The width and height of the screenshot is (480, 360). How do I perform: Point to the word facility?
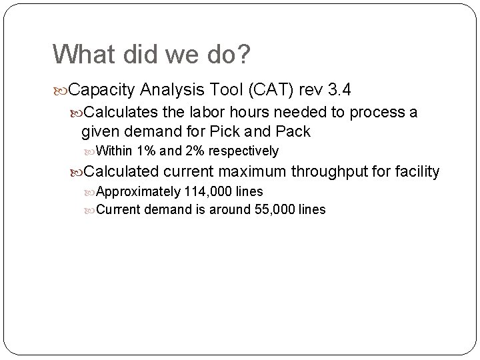[x=417, y=172]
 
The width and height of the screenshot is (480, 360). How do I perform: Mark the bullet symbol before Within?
[x=91, y=151]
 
